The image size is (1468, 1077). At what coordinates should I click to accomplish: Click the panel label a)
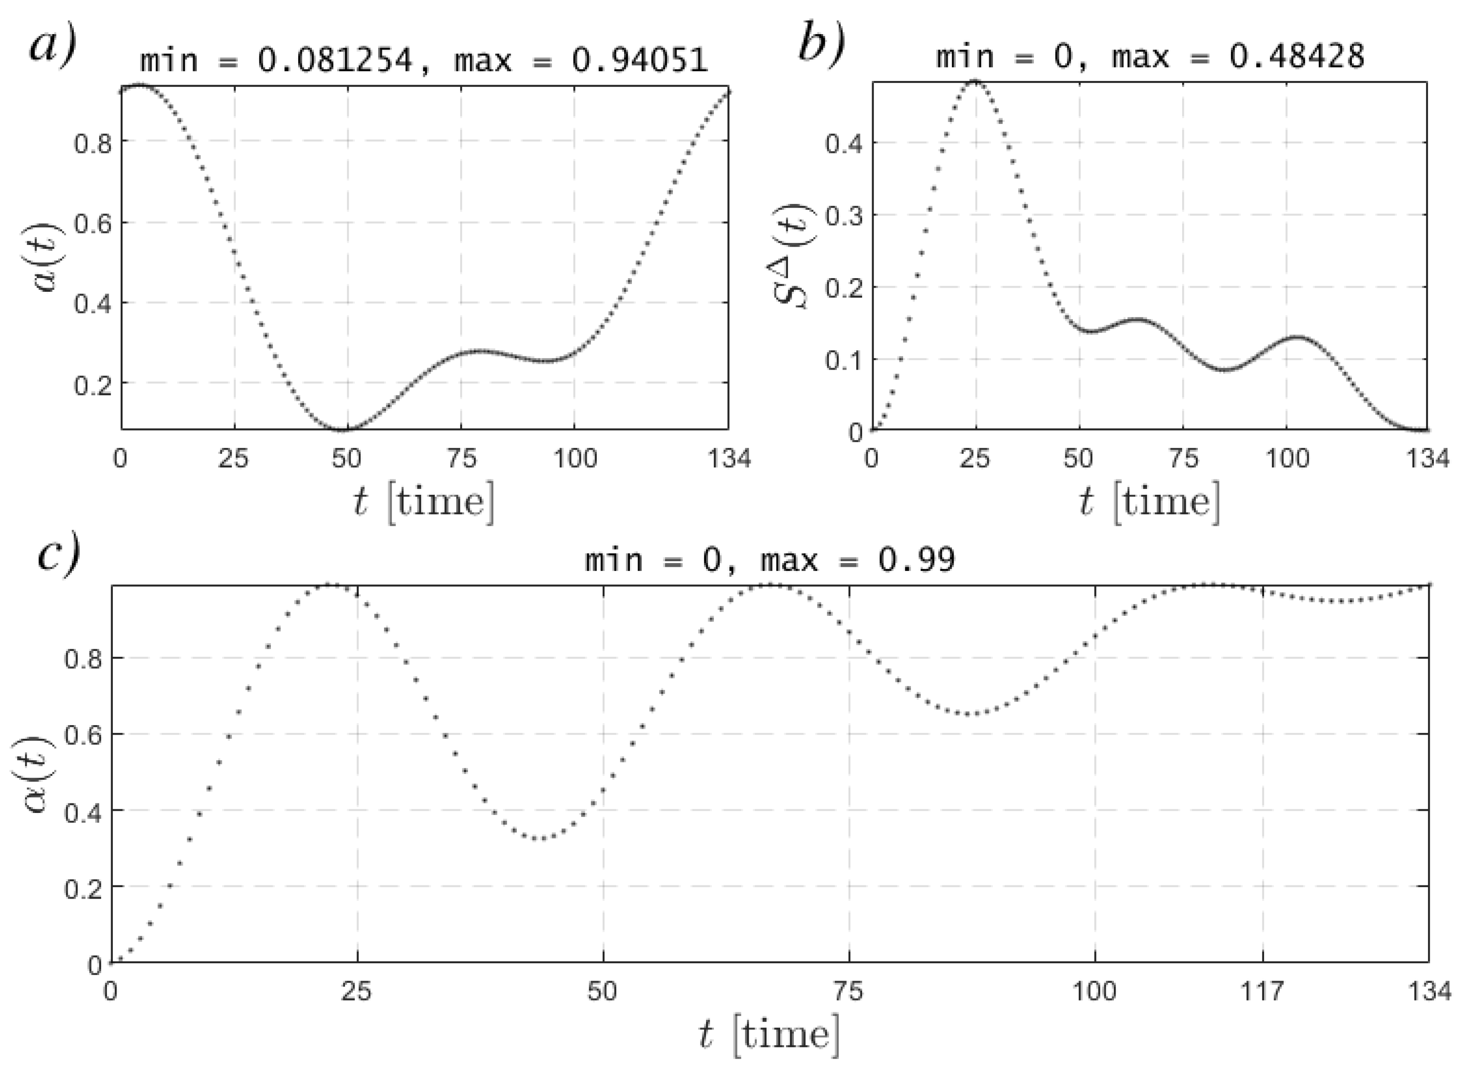(x=52, y=44)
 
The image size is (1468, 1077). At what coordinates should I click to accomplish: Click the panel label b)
(x=821, y=44)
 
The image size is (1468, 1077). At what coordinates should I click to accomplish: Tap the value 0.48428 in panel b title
(x=1297, y=57)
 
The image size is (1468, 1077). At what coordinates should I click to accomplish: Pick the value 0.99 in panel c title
(x=916, y=559)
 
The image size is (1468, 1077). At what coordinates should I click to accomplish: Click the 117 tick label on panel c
(x=1263, y=991)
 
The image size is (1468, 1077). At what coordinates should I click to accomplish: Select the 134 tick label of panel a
(x=729, y=459)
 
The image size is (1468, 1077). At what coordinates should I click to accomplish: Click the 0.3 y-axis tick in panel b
(x=844, y=215)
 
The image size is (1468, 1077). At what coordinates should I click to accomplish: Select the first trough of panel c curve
(x=540, y=838)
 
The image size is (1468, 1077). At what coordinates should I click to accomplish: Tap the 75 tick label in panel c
(x=849, y=991)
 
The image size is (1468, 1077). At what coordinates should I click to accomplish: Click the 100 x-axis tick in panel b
(x=1287, y=459)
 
